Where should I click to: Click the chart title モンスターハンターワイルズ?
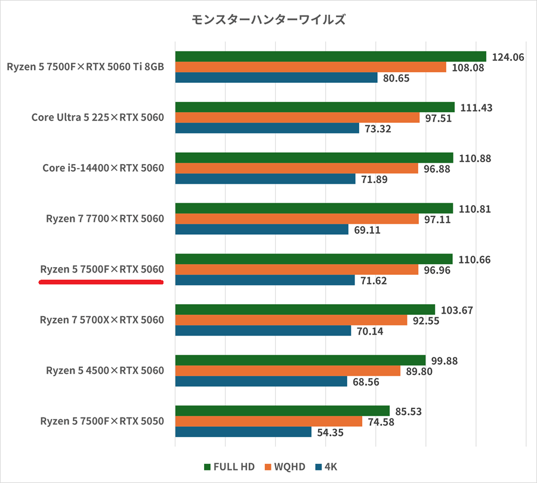coord(268,20)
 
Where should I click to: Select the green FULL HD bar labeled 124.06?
coord(331,57)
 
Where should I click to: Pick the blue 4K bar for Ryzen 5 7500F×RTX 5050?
coord(243,432)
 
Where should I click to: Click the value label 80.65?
coord(396,78)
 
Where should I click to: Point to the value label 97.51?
coord(438,117)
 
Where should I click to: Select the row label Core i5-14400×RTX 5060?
coord(103,168)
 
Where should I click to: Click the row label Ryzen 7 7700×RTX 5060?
coord(104,219)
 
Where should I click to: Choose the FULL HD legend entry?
coord(229,466)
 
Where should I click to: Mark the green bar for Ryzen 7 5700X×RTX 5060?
coord(305,309)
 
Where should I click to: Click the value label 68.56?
coord(366,382)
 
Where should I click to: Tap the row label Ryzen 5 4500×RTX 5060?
coord(104,371)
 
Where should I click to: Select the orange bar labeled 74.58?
coord(268,422)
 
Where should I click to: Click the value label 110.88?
coord(476,158)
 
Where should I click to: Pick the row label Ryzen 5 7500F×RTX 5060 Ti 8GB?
coord(85,67)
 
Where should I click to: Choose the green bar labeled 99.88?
coord(300,360)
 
